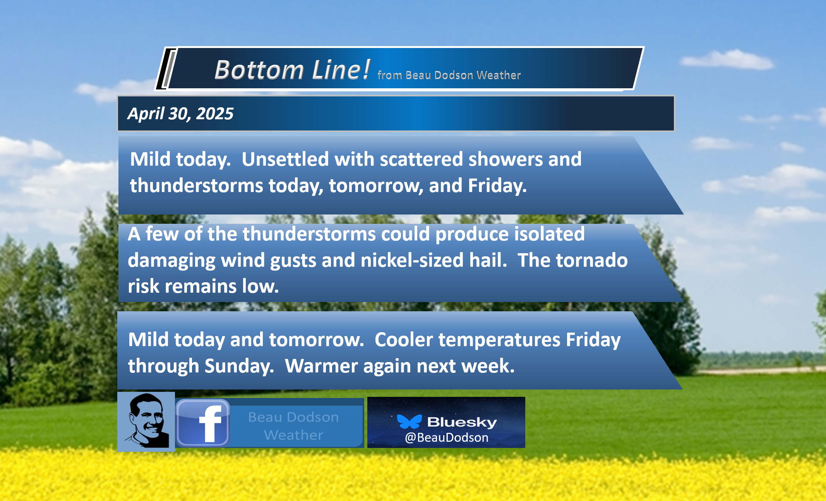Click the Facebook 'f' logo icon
click(203, 423)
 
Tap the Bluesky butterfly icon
click(409, 422)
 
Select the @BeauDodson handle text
click(446, 438)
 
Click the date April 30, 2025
click(180, 113)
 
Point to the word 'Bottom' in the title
click(259, 70)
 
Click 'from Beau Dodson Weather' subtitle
click(449, 75)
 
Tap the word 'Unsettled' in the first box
click(285, 159)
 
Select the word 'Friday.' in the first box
click(497, 185)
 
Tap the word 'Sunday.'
click(239, 366)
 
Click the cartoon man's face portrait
click(146, 422)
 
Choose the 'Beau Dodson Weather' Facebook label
click(293, 426)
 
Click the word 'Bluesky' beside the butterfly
click(462, 422)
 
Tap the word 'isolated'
click(549, 234)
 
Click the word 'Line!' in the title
click(341, 70)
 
